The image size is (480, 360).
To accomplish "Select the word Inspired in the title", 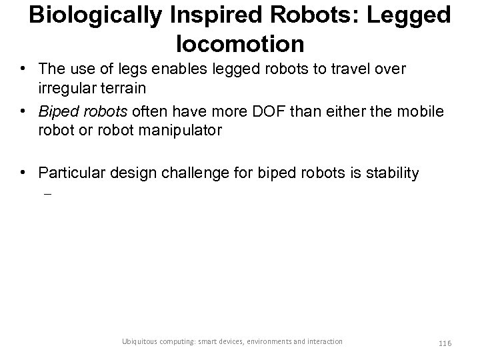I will (x=224, y=15).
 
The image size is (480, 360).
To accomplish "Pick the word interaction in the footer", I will (x=325, y=341).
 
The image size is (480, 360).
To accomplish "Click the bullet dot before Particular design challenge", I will (x=25, y=173).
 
